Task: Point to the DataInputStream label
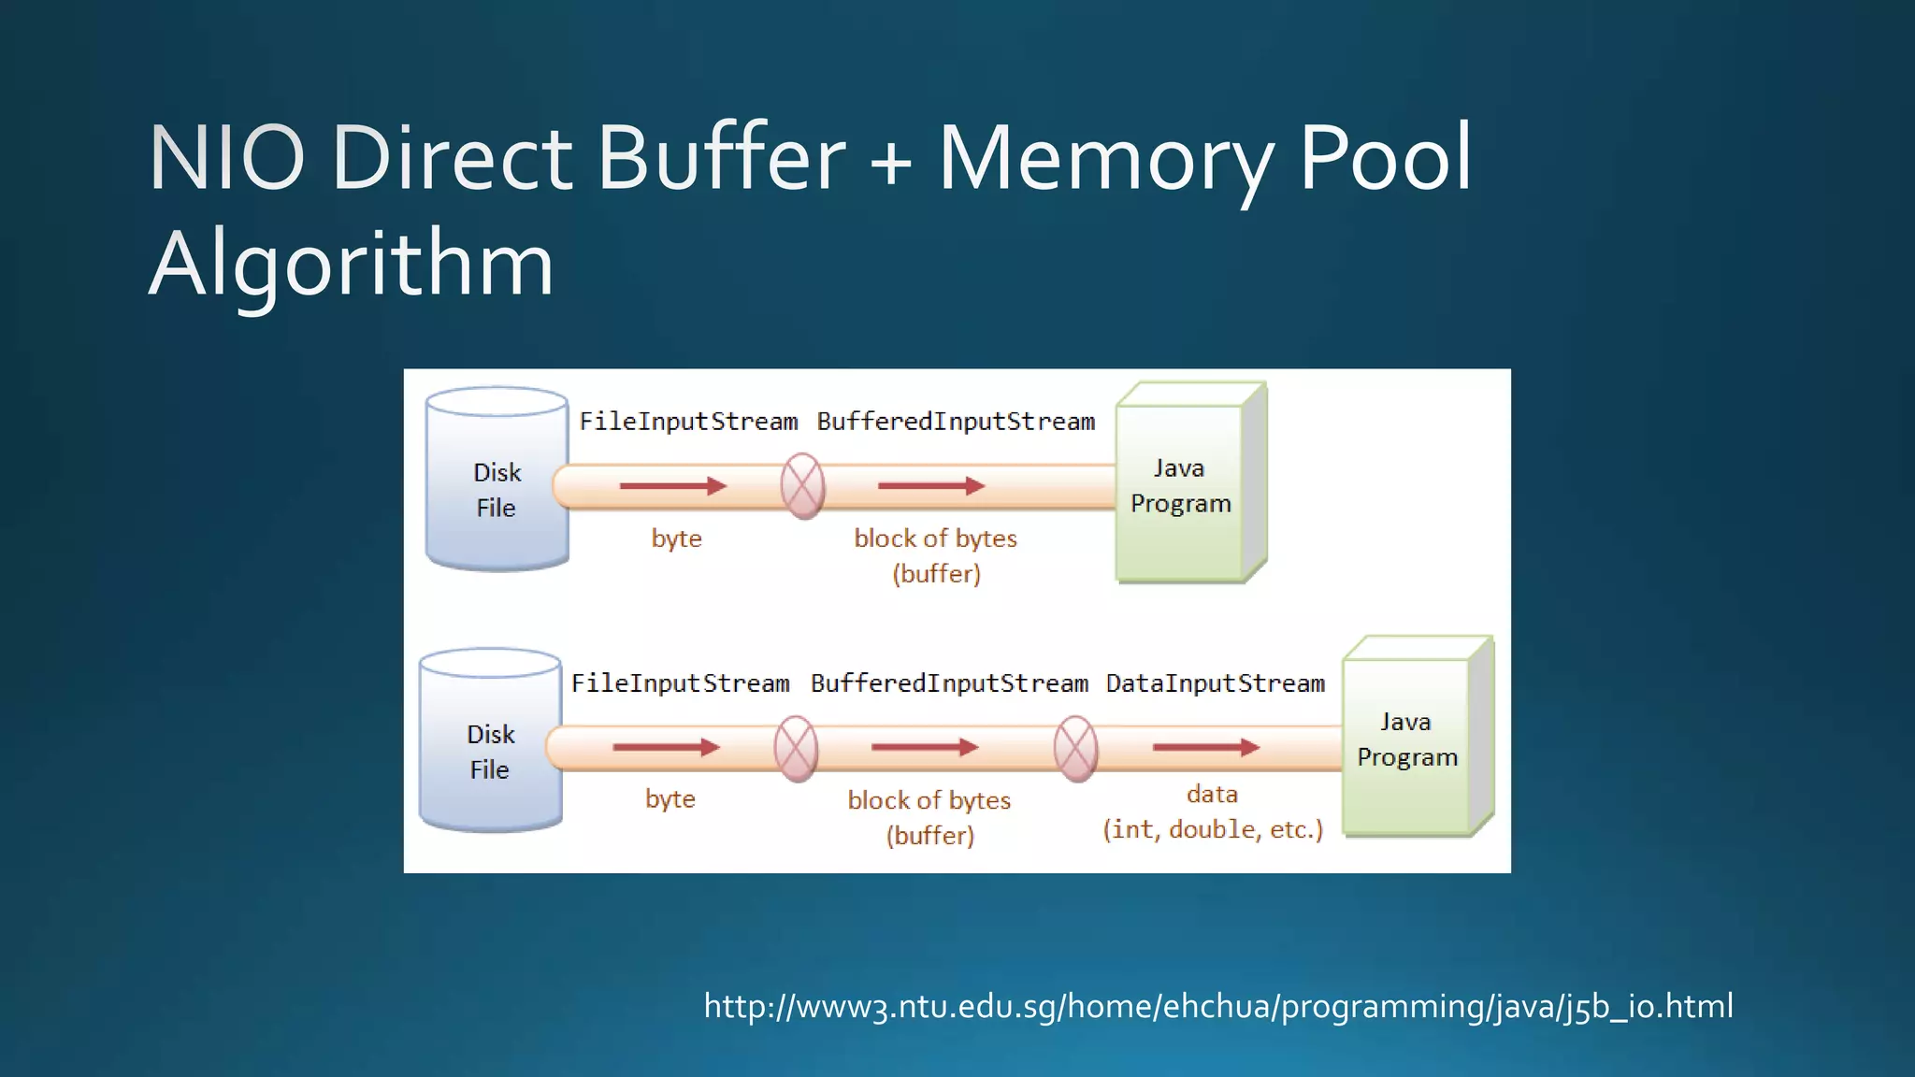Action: click(x=1215, y=683)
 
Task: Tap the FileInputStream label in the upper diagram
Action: click(x=688, y=422)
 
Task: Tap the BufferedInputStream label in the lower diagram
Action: click(x=949, y=683)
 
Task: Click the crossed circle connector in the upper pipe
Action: click(x=802, y=486)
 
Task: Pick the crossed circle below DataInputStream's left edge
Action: click(x=1075, y=748)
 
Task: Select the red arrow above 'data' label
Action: click(x=1205, y=747)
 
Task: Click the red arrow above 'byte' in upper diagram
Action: click(x=672, y=486)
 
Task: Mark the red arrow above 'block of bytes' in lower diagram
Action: click(x=924, y=747)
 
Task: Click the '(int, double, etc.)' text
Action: click(x=1213, y=829)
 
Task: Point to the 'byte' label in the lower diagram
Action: click(x=670, y=799)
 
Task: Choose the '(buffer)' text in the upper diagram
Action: click(x=936, y=573)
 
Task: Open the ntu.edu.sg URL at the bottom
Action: click(x=1217, y=1006)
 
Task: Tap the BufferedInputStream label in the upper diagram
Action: click(x=956, y=422)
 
